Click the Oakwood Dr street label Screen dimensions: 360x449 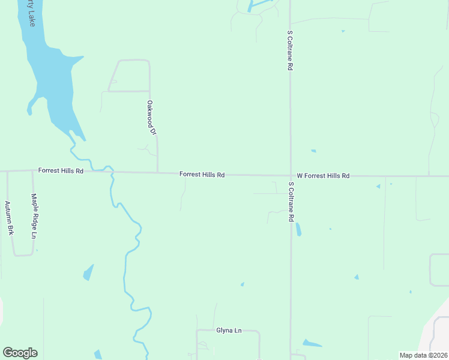151,118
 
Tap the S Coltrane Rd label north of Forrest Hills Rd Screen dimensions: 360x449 289,51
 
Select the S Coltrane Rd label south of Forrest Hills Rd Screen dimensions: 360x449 291,202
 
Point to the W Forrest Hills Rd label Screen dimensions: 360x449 322,176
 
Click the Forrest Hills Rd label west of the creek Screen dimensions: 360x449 61,170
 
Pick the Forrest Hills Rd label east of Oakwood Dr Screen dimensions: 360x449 202,175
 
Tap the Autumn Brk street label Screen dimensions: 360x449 9,217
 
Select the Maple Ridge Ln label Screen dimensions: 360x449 34,216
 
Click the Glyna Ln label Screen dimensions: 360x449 228,331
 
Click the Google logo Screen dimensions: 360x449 20,353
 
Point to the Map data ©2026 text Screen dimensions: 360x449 423,355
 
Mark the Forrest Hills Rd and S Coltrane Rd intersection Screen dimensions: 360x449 291,176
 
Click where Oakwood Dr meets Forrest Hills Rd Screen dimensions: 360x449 157,173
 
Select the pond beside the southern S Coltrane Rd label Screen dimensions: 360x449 298,229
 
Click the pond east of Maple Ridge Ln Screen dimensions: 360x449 89,272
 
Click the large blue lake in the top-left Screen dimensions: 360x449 54,90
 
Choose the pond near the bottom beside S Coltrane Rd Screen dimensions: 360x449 311,344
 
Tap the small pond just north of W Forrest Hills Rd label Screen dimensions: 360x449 313,151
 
